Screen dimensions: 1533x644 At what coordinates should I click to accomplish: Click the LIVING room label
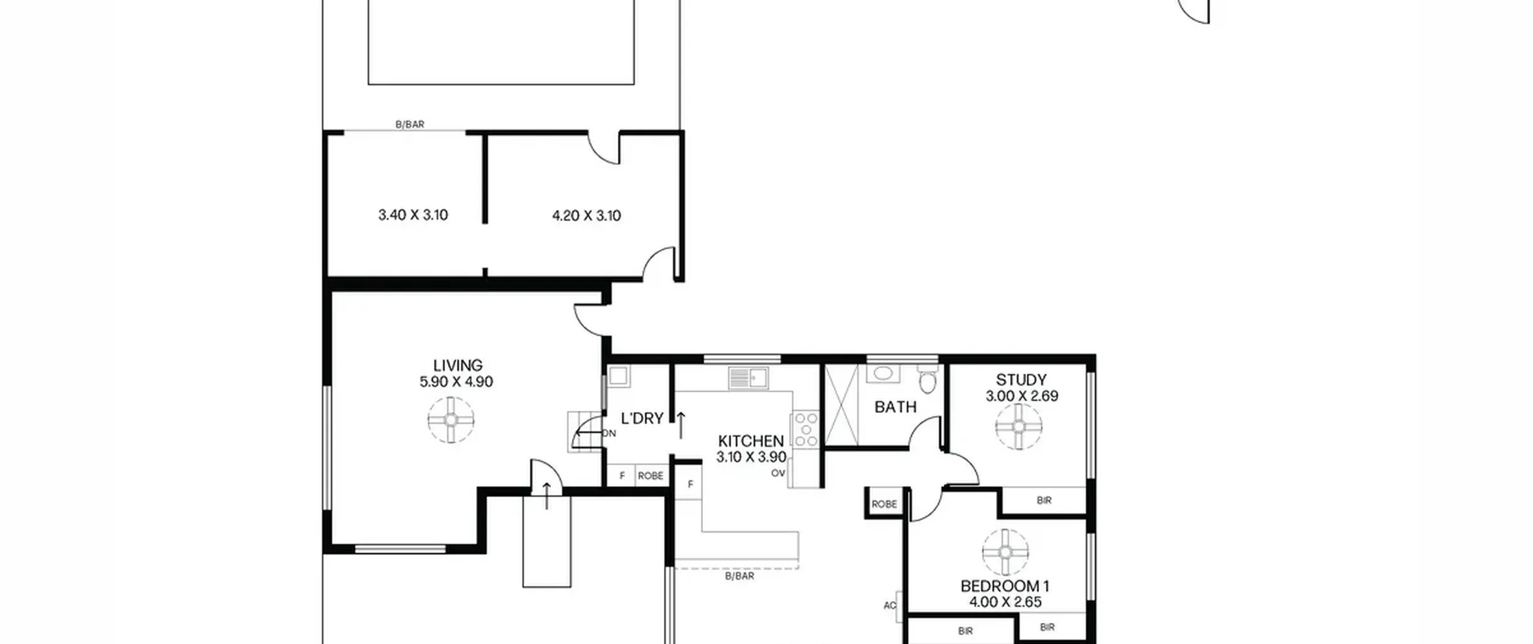(x=458, y=365)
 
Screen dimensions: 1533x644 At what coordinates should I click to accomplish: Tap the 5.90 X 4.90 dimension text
(x=456, y=382)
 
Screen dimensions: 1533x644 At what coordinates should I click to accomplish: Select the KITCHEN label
(x=751, y=441)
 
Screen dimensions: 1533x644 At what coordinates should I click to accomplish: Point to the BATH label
(x=895, y=407)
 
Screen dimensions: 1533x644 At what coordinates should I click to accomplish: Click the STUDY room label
(x=1021, y=380)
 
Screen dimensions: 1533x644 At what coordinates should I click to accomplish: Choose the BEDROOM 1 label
(x=1005, y=586)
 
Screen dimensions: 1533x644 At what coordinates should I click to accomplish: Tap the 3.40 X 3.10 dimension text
(x=413, y=215)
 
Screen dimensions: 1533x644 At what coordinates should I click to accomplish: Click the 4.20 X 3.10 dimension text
(x=586, y=216)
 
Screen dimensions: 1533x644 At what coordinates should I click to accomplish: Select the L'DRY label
(x=642, y=419)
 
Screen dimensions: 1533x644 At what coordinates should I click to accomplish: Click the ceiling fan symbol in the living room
(x=451, y=420)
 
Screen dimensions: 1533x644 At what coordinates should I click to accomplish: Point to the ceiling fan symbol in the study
(x=1019, y=427)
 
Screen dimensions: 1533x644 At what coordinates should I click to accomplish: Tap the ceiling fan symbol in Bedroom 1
(x=1005, y=552)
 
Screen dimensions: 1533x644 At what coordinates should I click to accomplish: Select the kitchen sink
(x=749, y=378)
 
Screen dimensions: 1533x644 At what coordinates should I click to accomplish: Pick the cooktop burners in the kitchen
(x=805, y=430)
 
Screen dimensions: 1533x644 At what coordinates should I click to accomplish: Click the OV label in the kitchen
(x=778, y=473)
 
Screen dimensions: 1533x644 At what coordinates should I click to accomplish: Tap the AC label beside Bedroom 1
(x=890, y=606)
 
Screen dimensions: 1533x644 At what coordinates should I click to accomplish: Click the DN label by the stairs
(x=609, y=433)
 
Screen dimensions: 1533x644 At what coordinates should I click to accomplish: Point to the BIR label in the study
(x=1044, y=500)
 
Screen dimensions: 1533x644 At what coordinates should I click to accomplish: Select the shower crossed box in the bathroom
(x=841, y=405)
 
